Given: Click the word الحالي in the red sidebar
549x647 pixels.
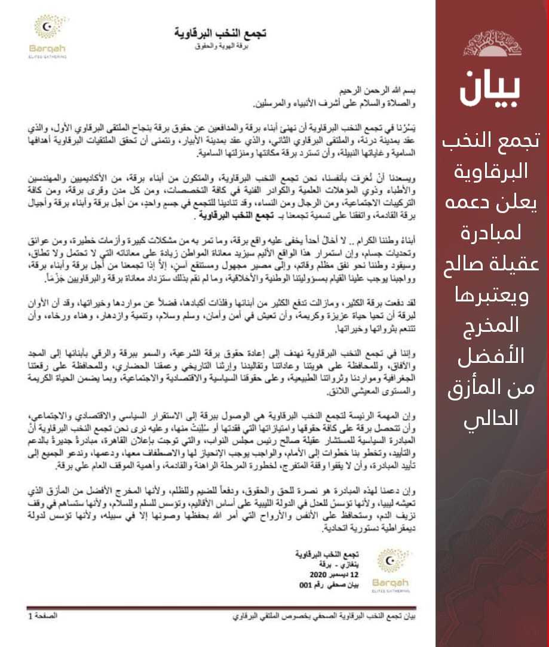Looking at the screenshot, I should (491, 418).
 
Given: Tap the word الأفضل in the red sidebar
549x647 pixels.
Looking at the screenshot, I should (491, 356).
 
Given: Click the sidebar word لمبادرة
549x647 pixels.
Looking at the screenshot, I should (491, 233).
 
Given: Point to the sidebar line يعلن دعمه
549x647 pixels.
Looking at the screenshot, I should (491, 203).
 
